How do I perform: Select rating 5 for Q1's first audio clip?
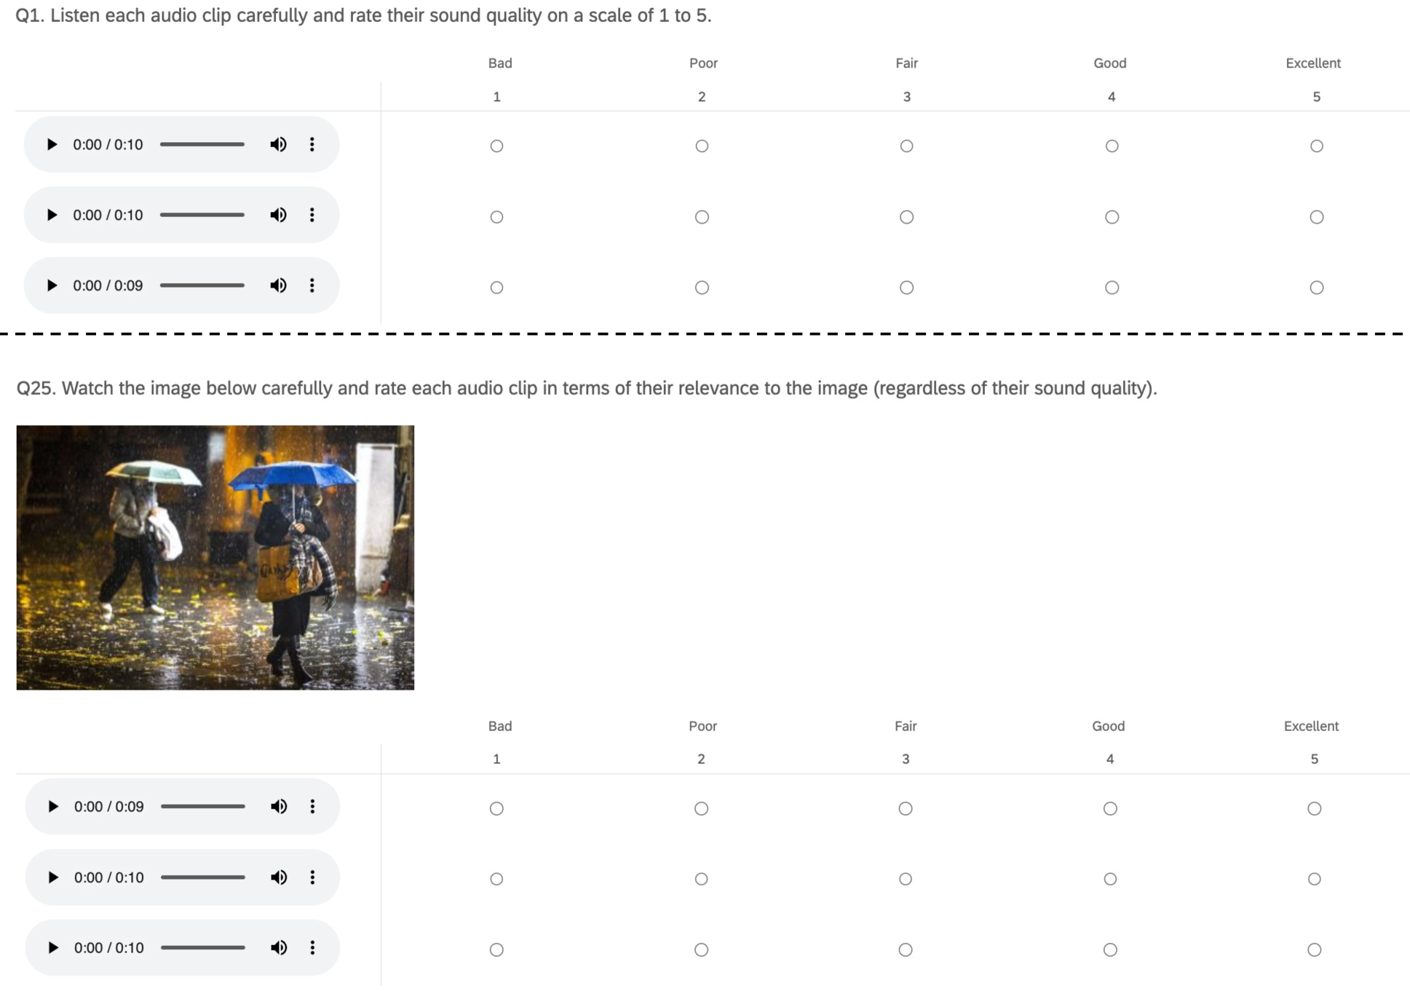click(x=1316, y=146)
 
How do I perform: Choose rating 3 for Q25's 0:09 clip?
click(x=905, y=808)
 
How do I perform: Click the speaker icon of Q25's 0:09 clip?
click(x=279, y=806)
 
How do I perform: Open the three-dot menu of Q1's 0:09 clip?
click(x=312, y=285)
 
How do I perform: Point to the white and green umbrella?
click(x=154, y=472)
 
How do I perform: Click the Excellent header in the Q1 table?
click(x=1312, y=63)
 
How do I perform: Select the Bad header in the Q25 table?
click(x=500, y=726)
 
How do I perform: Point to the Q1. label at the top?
click(x=30, y=15)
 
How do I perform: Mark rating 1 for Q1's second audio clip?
click(x=496, y=217)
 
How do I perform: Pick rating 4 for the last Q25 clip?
click(x=1109, y=949)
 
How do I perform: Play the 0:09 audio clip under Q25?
click(x=52, y=806)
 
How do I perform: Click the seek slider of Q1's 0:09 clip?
click(x=202, y=285)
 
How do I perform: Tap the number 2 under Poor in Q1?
click(x=702, y=97)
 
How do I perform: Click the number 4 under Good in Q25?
click(x=1109, y=759)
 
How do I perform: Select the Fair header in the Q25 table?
click(x=906, y=726)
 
